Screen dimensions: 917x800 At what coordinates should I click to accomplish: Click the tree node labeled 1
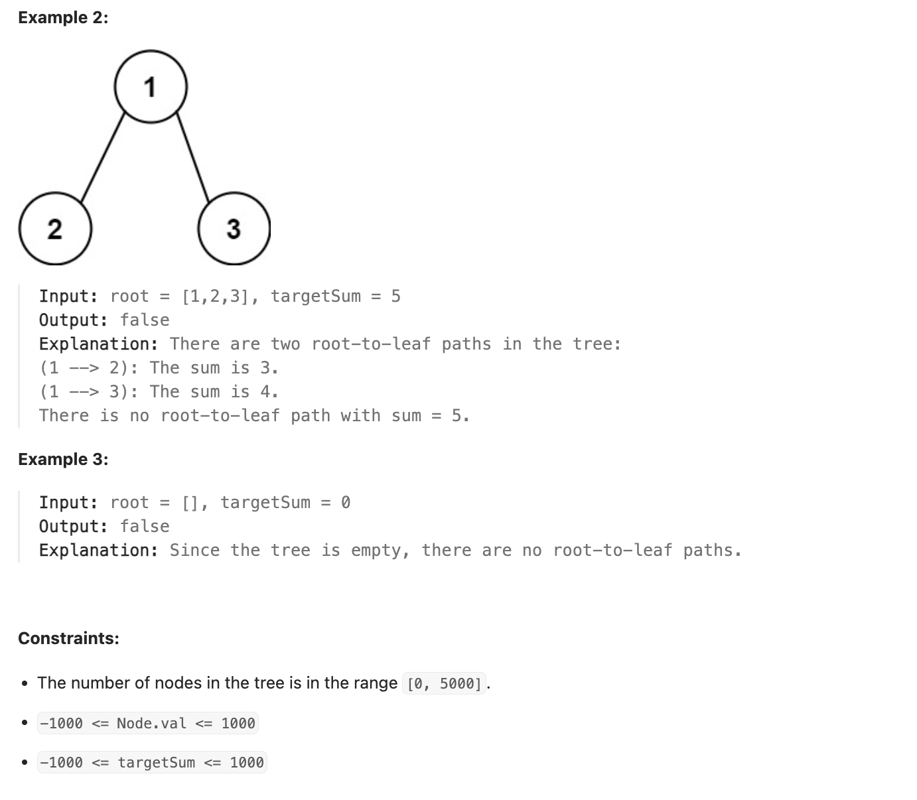151,87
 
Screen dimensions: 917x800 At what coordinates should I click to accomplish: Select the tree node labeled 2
55,229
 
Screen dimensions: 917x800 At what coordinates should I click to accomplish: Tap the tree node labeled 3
234,229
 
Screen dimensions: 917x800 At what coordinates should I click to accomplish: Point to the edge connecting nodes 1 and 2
102,157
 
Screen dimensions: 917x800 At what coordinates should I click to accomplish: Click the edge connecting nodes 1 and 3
193,157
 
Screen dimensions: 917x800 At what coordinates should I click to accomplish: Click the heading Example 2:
63,18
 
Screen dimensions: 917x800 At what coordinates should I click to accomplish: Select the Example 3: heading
63,459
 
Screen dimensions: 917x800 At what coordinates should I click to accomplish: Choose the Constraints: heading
68,638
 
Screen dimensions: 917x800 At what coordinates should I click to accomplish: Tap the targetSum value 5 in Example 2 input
395,296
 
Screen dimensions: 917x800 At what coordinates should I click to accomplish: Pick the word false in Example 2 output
145,320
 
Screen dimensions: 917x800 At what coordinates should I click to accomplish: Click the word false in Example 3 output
145,526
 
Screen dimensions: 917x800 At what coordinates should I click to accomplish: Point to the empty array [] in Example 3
190,502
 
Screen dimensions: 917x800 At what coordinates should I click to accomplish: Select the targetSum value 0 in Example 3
345,502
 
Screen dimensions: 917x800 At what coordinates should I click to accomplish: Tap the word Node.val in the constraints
151,723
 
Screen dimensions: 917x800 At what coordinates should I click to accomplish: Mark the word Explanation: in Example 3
99,550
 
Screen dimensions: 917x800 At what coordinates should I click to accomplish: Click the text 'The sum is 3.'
214,367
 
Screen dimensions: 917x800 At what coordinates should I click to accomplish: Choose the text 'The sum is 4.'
214,391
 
